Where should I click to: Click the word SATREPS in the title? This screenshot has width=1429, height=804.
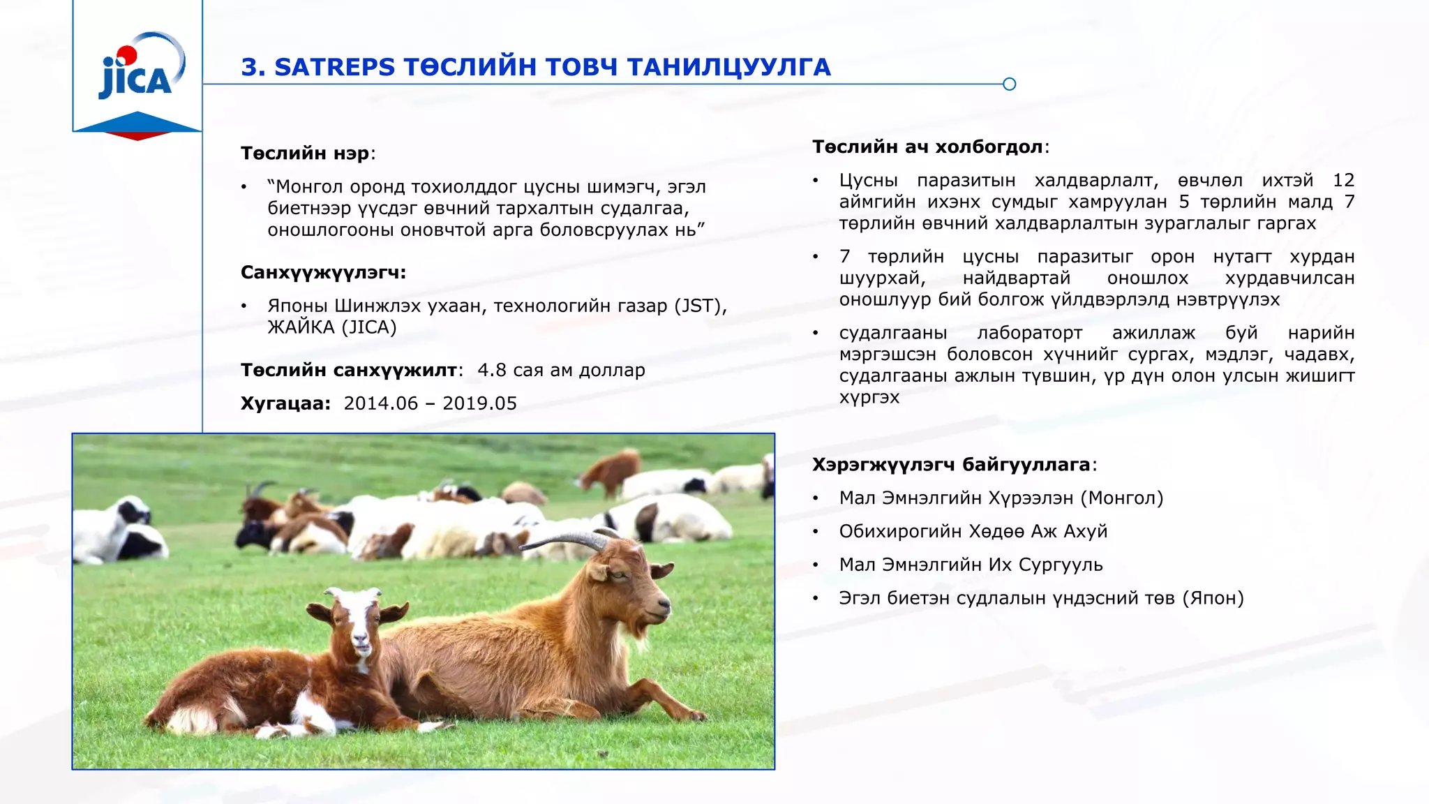[x=335, y=68]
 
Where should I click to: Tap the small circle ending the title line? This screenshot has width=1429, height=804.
[x=1009, y=84]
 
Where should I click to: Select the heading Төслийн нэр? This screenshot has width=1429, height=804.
[x=305, y=154]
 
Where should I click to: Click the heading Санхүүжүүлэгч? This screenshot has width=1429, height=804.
[x=323, y=272]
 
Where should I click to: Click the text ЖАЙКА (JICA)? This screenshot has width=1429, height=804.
[x=332, y=327]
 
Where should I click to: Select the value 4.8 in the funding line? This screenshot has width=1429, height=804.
[x=491, y=371]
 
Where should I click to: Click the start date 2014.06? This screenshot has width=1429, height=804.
[x=381, y=404]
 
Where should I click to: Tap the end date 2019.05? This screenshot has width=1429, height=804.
[x=480, y=404]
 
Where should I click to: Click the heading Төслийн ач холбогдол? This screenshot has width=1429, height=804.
[x=928, y=147]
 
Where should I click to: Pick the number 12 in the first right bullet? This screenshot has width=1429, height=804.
[x=1343, y=181]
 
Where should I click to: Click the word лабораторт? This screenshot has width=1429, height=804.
[x=1029, y=334]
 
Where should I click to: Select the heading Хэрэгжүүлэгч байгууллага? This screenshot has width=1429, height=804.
[x=951, y=465]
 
